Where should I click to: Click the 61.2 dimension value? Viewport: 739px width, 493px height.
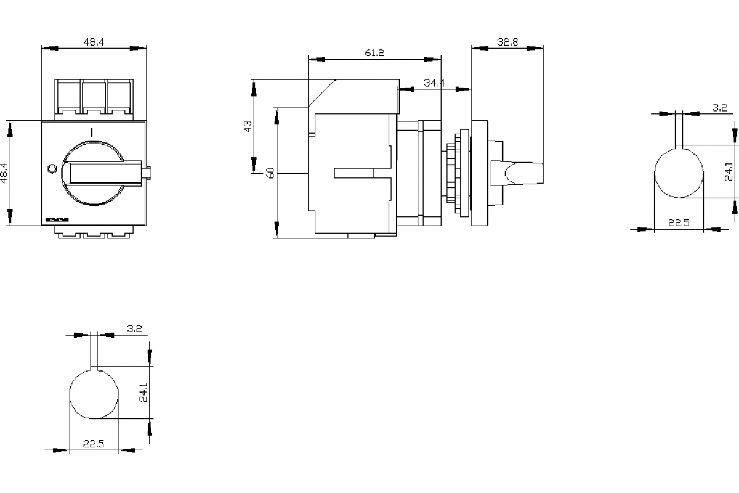click(374, 53)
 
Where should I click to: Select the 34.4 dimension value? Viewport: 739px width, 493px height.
click(434, 83)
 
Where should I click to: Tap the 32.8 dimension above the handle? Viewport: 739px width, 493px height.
click(507, 43)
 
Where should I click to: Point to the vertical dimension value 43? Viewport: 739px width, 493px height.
click(248, 126)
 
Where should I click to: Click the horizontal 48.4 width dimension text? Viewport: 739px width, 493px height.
click(94, 42)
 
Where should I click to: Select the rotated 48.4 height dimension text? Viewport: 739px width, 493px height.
click(5, 174)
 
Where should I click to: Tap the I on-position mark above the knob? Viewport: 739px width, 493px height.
click(91, 132)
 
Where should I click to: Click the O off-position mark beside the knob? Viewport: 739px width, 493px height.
click(52, 168)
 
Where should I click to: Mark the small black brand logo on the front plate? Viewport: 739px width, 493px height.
click(57, 219)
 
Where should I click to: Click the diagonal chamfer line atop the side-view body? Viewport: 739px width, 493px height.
click(321, 93)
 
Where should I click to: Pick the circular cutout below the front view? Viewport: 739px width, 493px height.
click(94, 395)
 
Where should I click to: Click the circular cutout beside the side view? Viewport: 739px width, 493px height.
click(679, 174)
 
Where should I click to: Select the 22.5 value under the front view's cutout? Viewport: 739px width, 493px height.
click(94, 443)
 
